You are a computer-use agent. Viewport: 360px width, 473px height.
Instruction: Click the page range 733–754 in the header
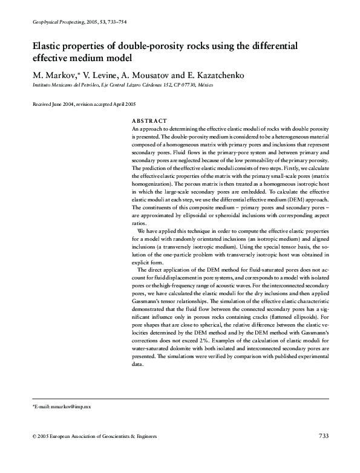[x=113, y=22]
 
